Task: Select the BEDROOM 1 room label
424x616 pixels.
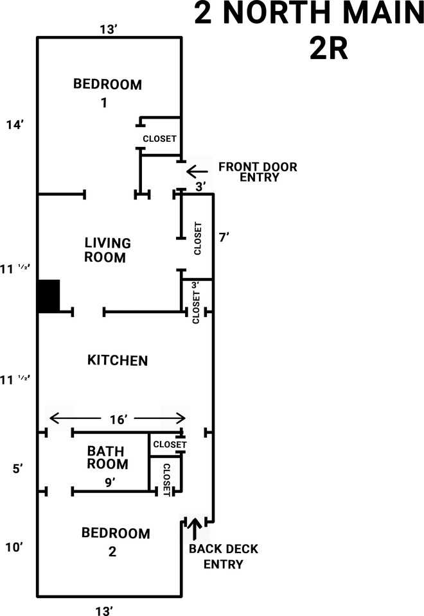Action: click(107, 92)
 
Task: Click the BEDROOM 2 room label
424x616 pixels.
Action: click(116, 542)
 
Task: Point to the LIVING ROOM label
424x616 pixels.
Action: click(108, 250)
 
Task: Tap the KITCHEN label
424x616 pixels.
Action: click(118, 361)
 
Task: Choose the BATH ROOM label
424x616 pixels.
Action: click(108, 458)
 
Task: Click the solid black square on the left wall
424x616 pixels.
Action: click(49, 296)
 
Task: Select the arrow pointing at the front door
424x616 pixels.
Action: click(197, 171)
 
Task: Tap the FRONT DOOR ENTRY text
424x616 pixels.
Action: click(258, 172)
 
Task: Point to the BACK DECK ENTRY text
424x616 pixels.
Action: click(223, 557)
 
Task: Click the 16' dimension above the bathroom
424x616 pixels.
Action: click(117, 419)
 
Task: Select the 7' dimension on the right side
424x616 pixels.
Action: click(224, 237)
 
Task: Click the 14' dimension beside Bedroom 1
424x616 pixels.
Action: click(14, 125)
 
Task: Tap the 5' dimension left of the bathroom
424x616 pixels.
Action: click(17, 468)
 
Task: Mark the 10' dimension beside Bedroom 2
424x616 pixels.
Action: click(14, 547)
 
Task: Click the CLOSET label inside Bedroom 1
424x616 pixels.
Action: click(159, 139)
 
